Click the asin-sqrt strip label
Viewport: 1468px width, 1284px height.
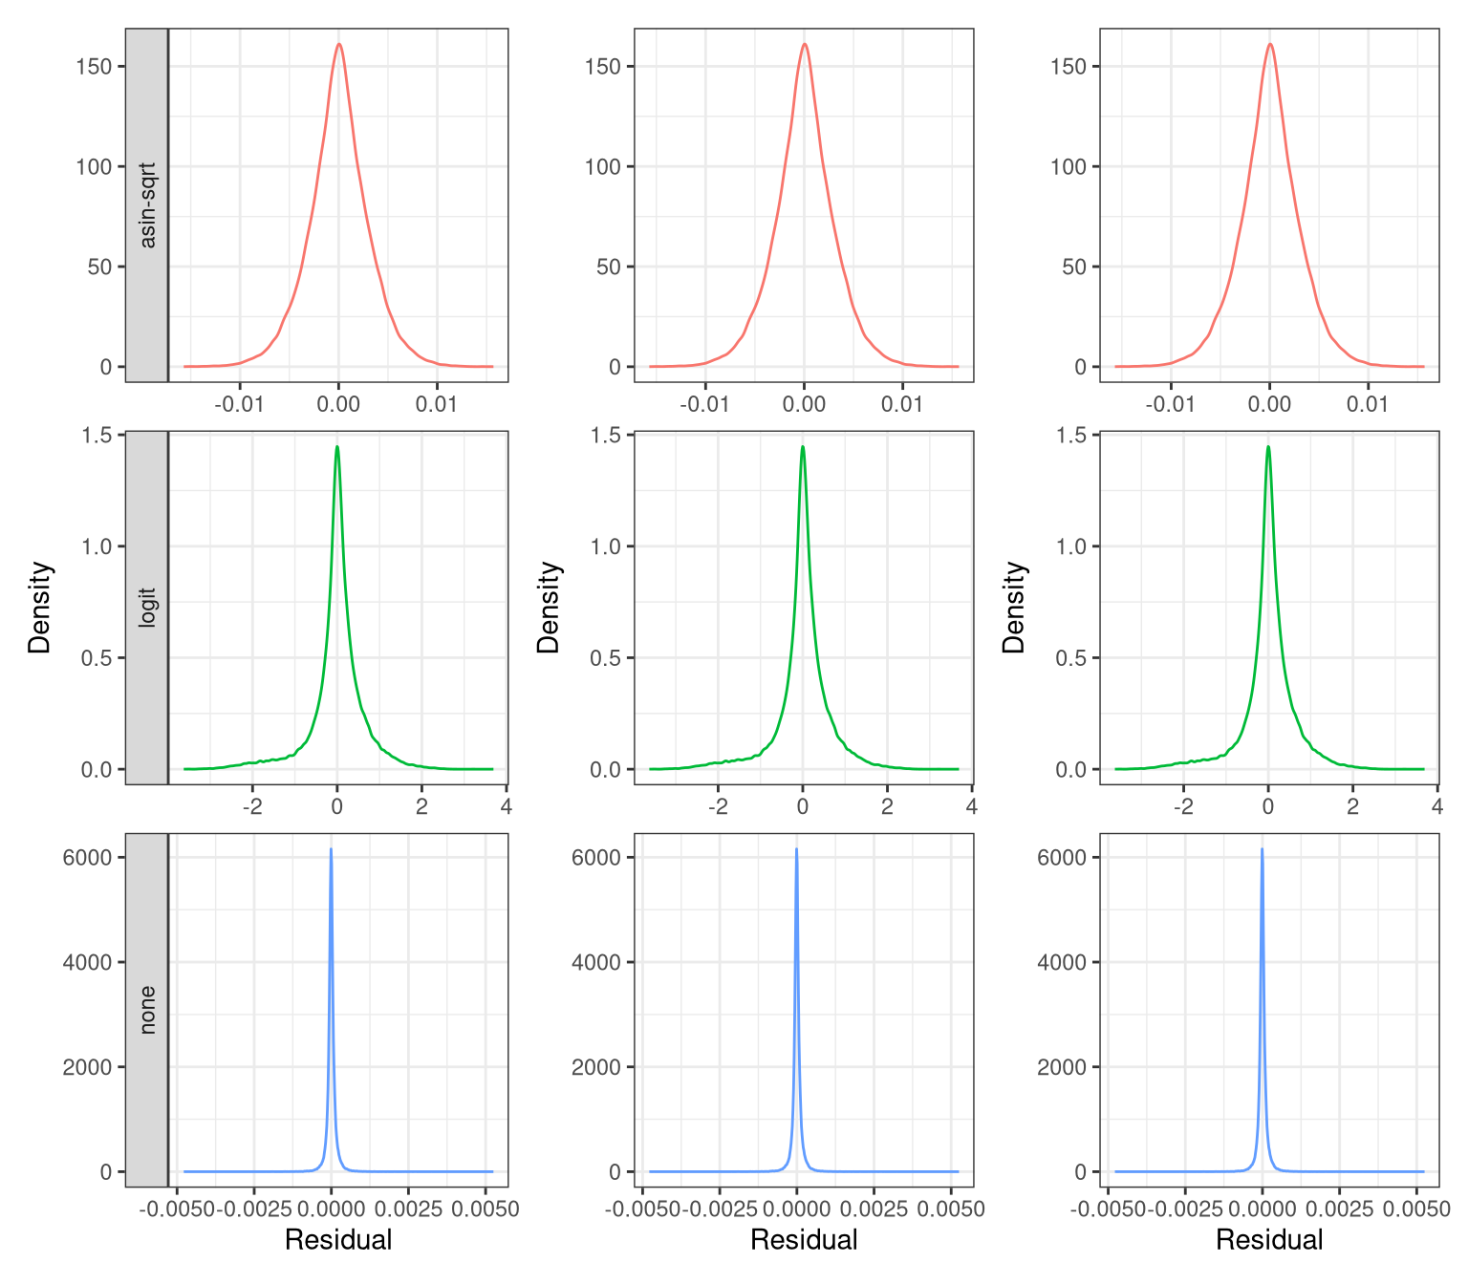147,205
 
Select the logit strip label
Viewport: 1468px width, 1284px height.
147,608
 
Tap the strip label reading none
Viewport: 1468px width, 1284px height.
147,1010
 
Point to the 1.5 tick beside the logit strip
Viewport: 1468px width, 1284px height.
99,436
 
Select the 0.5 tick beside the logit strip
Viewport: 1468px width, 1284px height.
99,658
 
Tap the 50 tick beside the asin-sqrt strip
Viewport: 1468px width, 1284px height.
99,267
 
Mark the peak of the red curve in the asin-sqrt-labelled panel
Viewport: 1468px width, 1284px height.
338,44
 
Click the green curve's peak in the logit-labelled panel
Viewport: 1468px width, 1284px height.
336,446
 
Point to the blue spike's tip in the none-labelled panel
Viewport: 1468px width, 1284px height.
331,848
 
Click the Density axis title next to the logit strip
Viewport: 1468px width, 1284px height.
39,608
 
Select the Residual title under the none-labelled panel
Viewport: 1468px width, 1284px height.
338,1240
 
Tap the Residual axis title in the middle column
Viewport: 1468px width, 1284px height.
804,1240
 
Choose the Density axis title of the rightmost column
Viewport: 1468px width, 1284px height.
1013,608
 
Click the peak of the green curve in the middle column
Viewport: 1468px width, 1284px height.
803,446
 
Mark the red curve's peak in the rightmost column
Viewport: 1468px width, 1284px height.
1269,44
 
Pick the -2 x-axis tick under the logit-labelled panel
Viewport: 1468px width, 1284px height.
252,806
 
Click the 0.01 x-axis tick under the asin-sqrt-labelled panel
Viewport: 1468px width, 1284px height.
437,404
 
